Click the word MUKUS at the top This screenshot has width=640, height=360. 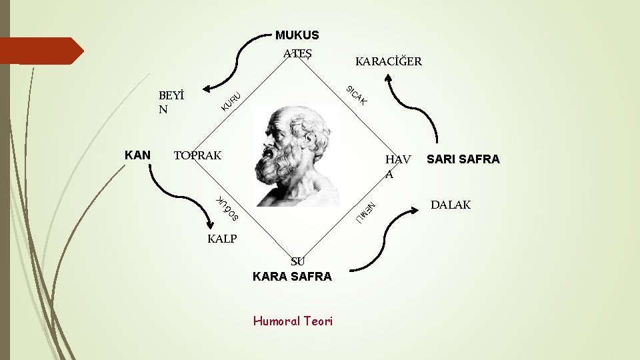coord(297,35)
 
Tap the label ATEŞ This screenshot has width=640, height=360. coord(297,53)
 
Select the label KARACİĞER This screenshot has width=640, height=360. coord(389,62)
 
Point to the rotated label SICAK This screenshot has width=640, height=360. coord(357,96)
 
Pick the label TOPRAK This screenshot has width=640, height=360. coord(197,156)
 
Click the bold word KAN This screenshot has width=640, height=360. coord(137,155)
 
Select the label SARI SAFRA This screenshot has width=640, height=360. coord(463,159)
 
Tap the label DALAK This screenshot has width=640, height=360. coord(450,205)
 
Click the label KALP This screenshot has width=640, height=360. coord(222,239)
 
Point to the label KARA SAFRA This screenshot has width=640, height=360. coord(292,276)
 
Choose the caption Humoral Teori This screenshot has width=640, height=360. coord(293,321)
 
